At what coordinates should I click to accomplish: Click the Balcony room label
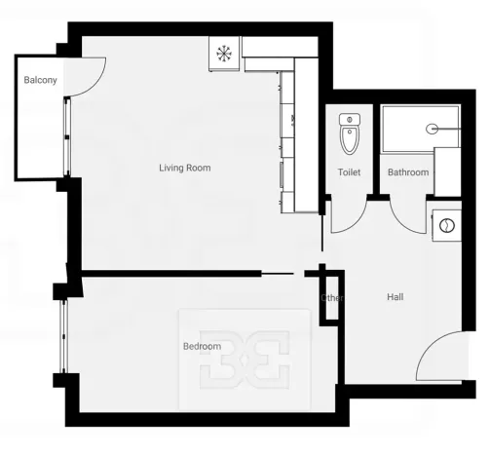click(39, 79)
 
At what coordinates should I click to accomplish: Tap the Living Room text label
click(185, 168)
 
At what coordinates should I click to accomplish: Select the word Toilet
click(349, 172)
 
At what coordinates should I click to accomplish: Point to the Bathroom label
click(407, 172)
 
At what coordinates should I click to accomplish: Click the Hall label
click(395, 297)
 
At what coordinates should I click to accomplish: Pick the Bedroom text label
click(202, 346)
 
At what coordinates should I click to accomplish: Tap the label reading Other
click(332, 297)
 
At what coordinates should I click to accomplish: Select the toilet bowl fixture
click(350, 140)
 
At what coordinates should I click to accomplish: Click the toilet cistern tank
click(350, 119)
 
